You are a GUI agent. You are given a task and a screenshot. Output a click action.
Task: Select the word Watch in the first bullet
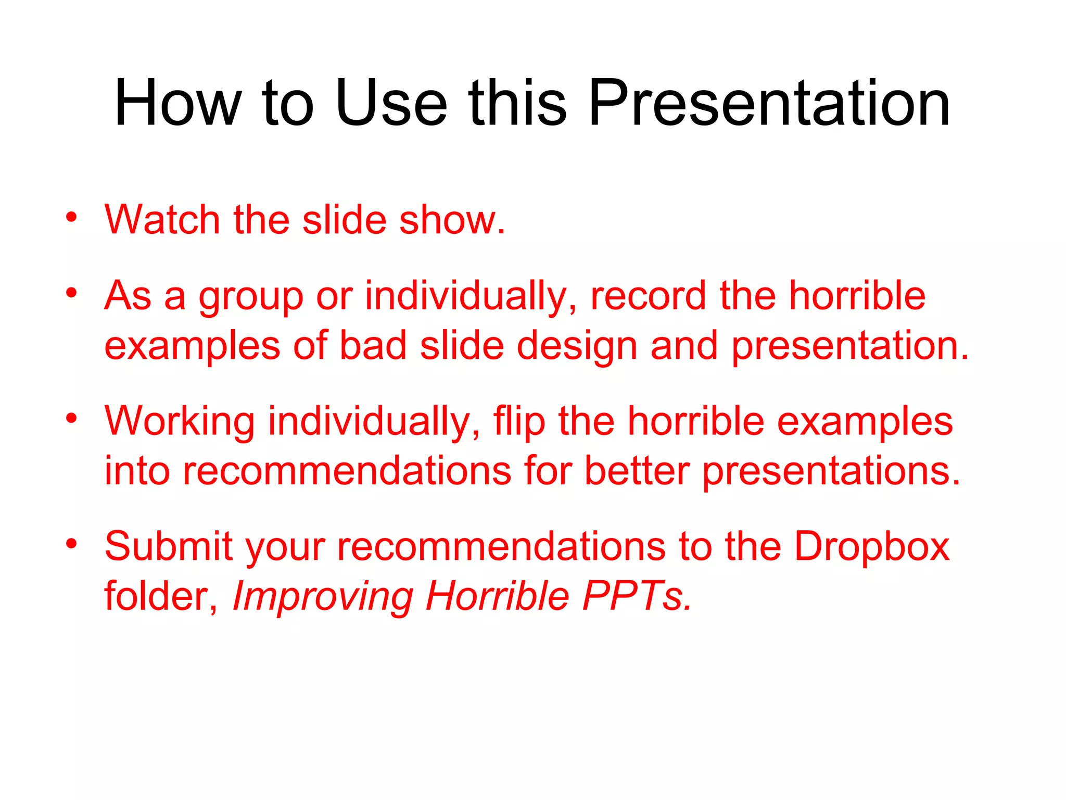tap(162, 220)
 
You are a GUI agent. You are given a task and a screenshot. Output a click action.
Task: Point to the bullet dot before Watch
tap(71, 217)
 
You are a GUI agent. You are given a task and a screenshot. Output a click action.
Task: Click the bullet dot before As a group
tap(71, 293)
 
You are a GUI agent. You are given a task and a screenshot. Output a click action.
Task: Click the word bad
tap(373, 346)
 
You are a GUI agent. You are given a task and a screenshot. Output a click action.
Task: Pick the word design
tap(577, 347)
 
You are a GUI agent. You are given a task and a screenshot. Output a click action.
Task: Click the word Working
tap(180, 422)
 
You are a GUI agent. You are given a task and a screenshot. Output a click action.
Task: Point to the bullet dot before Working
tap(71, 418)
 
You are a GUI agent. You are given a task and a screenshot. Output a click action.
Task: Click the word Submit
tap(168, 546)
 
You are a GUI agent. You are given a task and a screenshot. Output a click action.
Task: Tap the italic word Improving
tap(323, 597)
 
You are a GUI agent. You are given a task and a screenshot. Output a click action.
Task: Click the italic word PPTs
tap(637, 596)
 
